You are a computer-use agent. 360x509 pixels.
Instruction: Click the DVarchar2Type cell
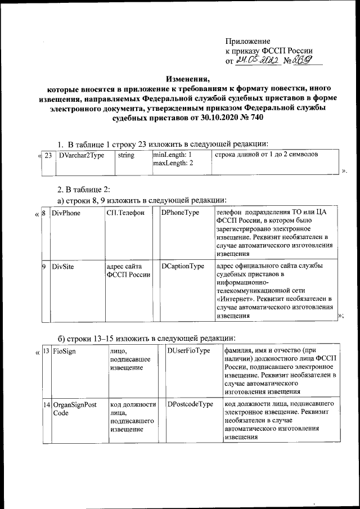tap(82, 155)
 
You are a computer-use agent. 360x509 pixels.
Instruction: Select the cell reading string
tap(126, 155)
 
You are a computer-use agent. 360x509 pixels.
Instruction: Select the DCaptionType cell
tap(182, 266)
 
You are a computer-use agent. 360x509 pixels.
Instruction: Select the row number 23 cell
tap(48, 155)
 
